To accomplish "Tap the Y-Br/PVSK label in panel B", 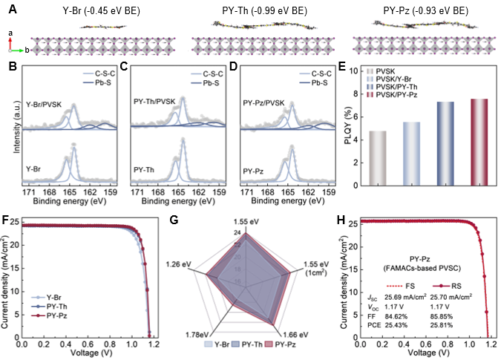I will tap(42, 104).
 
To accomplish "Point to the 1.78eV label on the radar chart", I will tap(200, 332).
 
